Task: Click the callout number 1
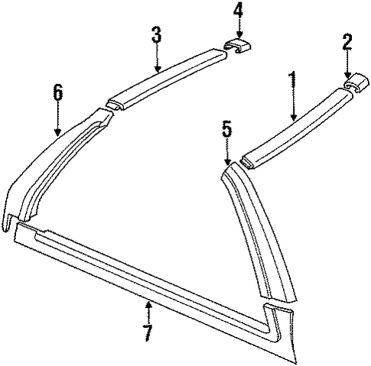coord(293,81)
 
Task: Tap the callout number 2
coord(347,41)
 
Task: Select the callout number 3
coord(157,34)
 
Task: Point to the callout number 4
coord(239,10)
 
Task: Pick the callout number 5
coord(227,128)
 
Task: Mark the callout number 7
coord(148,333)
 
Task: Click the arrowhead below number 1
coord(294,117)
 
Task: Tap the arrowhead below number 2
coord(347,75)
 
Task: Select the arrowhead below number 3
coord(158,68)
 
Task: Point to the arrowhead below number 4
coord(239,35)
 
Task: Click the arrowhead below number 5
coord(227,161)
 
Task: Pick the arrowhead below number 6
coord(58,132)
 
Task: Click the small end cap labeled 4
coord(237,46)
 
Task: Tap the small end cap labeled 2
coord(356,83)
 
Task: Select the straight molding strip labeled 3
coord(167,79)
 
